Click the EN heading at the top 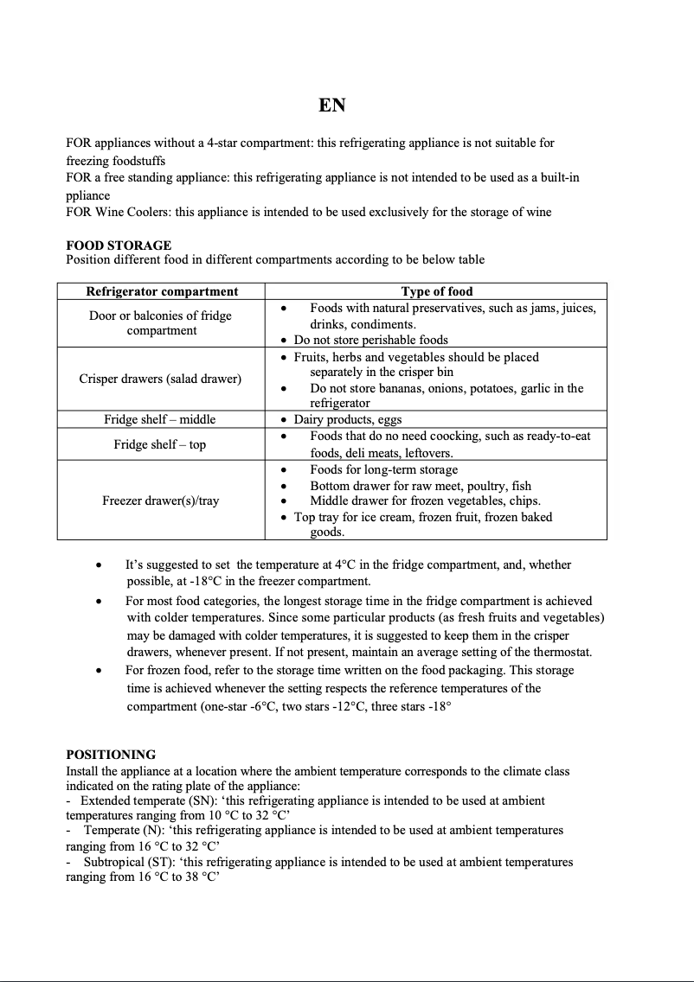tap(331, 105)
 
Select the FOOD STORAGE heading tap(119, 245)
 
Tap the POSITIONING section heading tap(111, 755)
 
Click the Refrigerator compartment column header tap(162, 291)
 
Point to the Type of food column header tap(436, 291)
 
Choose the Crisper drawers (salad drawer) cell tap(160, 379)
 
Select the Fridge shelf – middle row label tap(160, 419)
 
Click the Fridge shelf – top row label tap(160, 444)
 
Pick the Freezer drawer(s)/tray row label tap(160, 501)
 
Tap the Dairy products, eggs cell tap(348, 419)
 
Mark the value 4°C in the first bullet tap(347, 564)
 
